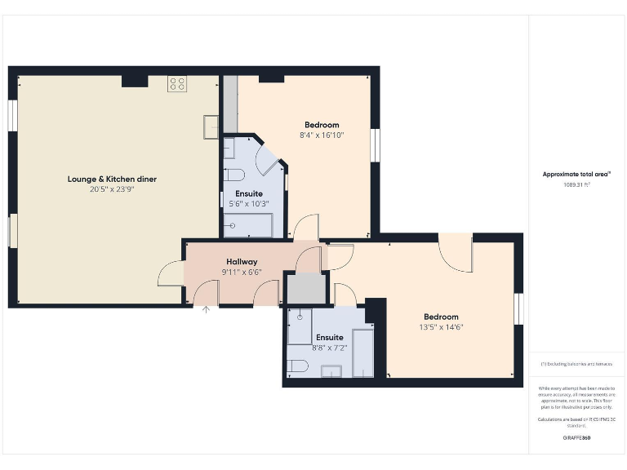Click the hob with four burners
177,82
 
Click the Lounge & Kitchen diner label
112,179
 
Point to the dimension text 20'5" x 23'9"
112,188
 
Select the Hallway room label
242,262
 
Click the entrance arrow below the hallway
206,309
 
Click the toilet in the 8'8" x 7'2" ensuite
297,365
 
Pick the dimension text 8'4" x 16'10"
322,135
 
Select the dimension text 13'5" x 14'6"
441,327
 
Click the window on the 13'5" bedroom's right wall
518,309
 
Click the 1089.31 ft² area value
576,184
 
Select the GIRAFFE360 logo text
576,438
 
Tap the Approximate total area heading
576,174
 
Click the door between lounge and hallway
171,273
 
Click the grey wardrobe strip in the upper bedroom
230,104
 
